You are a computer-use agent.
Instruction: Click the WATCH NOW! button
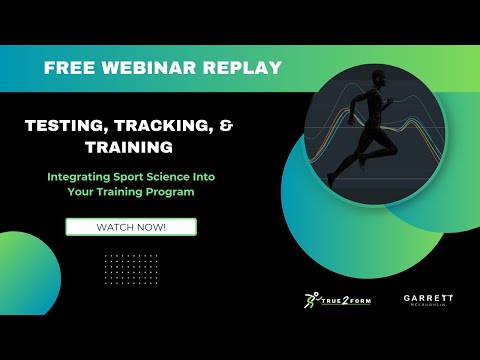click(x=131, y=227)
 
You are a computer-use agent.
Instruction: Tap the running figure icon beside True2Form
click(x=313, y=300)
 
